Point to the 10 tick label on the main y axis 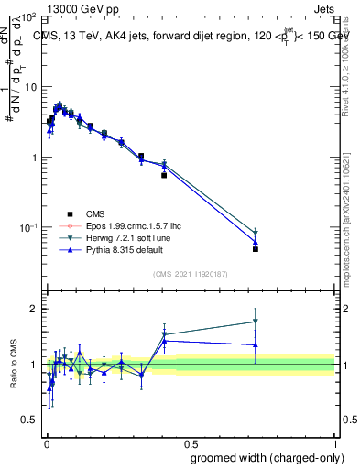point(29,87)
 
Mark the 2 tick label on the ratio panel point(34,309)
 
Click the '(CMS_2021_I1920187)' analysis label point(189,274)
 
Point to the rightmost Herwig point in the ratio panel point(256,322)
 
